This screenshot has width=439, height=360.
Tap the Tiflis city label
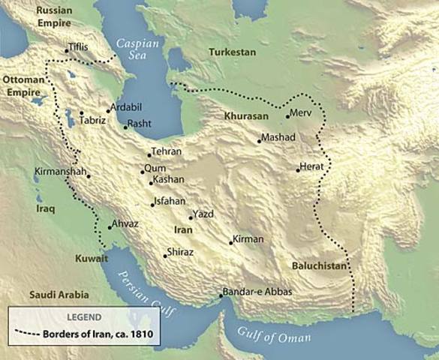click(78, 46)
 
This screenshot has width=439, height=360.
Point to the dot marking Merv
click(287, 116)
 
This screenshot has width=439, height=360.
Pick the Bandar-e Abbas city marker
click(221, 295)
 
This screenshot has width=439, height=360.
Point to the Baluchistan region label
click(320, 266)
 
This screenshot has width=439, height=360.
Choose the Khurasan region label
click(245, 118)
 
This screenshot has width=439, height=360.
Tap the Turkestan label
click(232, 52)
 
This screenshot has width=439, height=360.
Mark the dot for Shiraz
click(165, 256)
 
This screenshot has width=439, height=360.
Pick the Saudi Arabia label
click(59, 295)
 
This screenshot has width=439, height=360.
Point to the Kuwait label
click(92, 259)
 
